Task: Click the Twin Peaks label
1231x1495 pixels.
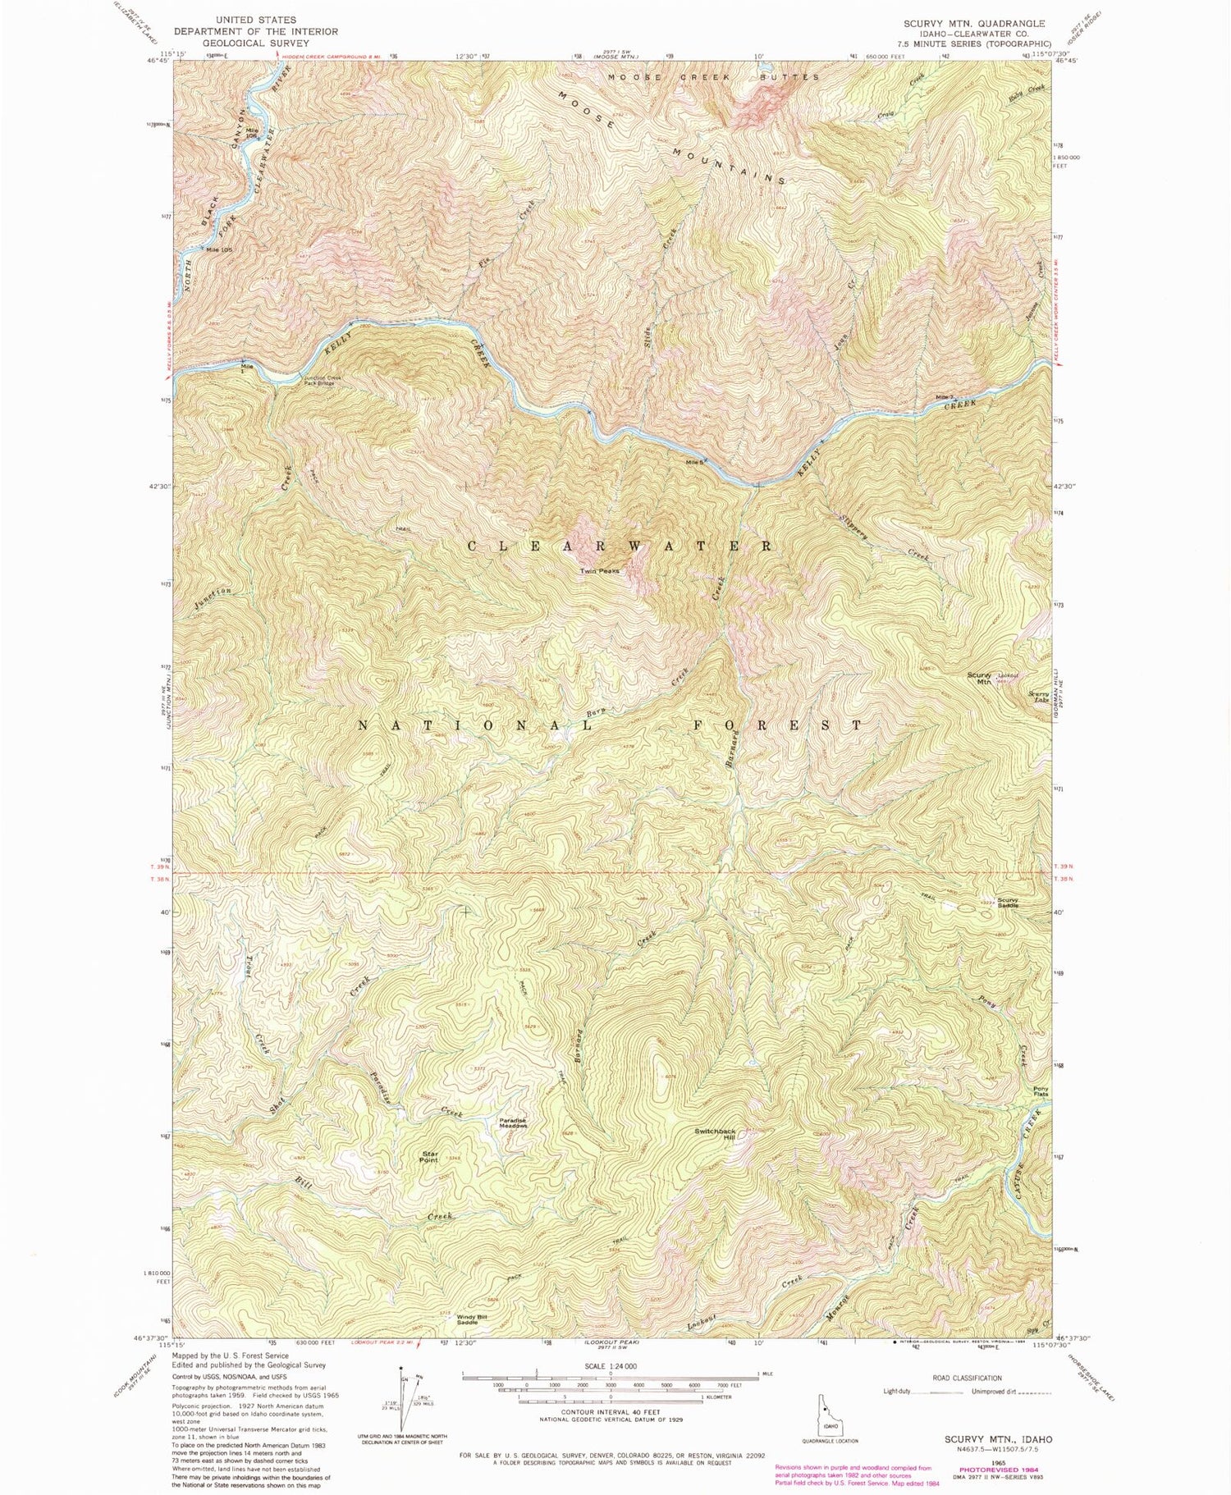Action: click(x=599, y=571)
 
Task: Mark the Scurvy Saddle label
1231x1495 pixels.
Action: click(x=1009, y=903)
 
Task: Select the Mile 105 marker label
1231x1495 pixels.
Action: click(x=217, y=249)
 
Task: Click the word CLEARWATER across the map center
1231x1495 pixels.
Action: click(x=620, y=546)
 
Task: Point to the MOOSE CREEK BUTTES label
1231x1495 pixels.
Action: click(x=713, y=77)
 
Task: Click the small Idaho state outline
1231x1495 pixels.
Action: click(x=827, y=1409)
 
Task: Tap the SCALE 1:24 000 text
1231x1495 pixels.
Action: click(x=611, y=1365)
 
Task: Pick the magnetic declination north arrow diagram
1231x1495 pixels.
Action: click(x=403, y=1395)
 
